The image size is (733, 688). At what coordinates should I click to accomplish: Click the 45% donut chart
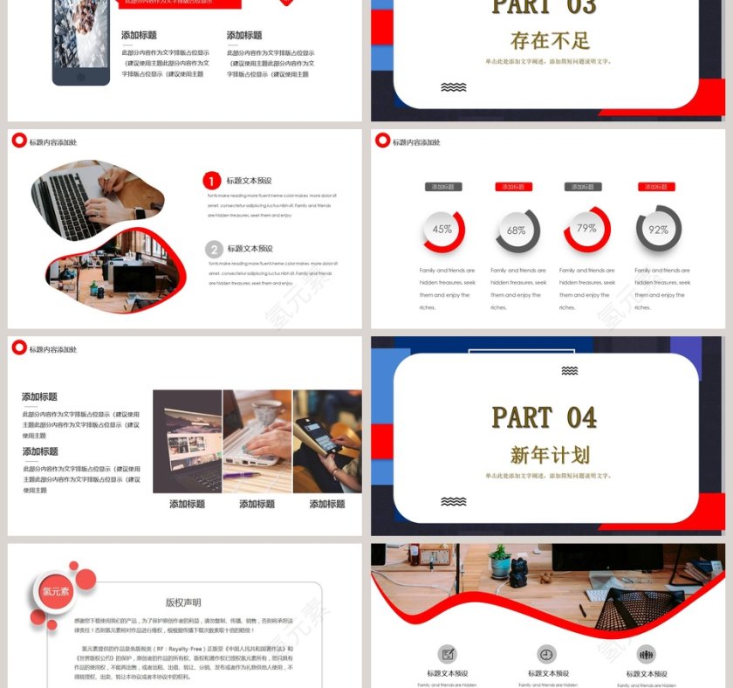pyautogui.click(x=442, y=230)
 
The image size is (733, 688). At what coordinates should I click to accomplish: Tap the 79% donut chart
pyautogui.click(x=586, y=229)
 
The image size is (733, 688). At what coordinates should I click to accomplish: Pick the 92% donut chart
pyautogui.click(x=658, y=230)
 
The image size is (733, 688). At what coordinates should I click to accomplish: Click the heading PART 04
pyautogui.click(x=545, y=418)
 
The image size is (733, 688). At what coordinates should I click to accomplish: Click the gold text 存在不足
pyautogui.click(x=550, y=40)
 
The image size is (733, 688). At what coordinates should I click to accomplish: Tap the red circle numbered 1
pyautogui.click(x=212, y=181)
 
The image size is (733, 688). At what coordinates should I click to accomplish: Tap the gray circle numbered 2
pyautogui.click(x=214, y=249)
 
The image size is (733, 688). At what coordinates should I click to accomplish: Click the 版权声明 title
pyautogui.click(x=183, y=602)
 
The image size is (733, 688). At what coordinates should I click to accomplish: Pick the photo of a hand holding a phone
pyautogui.click(x=327, y=441)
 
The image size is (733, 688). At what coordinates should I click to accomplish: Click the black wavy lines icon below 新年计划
pyautogui.click(x=453, y=502)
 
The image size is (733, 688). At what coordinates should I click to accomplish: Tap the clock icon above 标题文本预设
pyautogui.click(x=546, y=654)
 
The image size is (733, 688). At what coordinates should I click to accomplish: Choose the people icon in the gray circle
pyautogui.click(x=647, y=654)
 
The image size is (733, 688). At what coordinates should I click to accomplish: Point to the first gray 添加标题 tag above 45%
pyautogui.click(x=443, y=187)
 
